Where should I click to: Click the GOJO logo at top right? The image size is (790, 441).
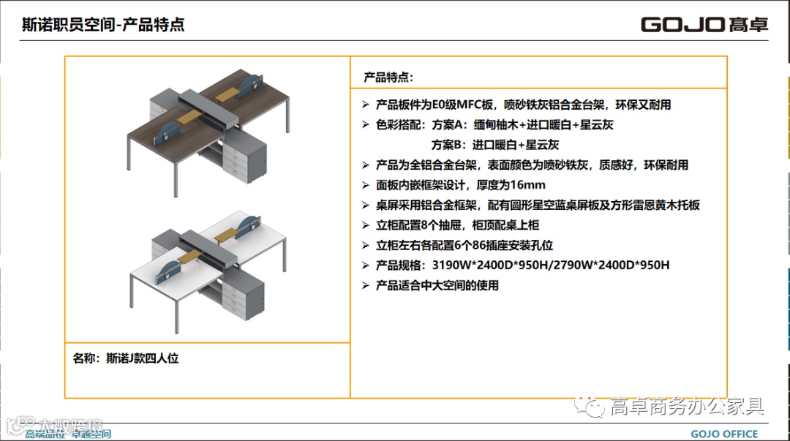point(704,24)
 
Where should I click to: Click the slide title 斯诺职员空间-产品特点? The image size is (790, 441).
point(103,25)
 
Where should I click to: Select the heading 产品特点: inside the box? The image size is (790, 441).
point(388,77)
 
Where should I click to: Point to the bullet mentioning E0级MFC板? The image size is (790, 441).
point(523,105)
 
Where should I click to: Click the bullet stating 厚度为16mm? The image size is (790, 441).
point(460,185)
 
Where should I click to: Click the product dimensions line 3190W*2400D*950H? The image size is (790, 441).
point(522,265)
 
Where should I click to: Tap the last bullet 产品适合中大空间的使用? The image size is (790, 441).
point(437,285)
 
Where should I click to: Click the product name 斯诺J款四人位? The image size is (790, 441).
point(126,358)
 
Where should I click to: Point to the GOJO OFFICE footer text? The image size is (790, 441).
point(724,434)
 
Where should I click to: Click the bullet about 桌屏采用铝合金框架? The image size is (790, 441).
point(538,206)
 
